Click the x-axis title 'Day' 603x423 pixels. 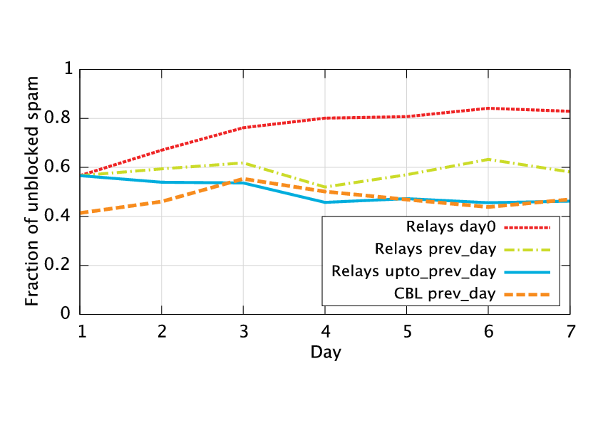click(325, 352)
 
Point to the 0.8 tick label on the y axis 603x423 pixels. click(60, 119)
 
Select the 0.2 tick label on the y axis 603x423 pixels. click(60, 266)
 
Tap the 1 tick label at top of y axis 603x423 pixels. click(68, 70)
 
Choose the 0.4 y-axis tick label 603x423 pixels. click(60, 216)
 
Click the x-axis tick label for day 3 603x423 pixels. click(243, 331)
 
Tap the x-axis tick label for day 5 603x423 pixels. click(406, 331)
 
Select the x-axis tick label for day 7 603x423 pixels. click(569, 331)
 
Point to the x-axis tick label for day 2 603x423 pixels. click(162, 331)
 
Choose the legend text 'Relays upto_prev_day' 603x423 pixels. click(413, 271)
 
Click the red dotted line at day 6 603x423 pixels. click(488, 108)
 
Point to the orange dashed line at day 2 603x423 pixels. click(162, 202)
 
